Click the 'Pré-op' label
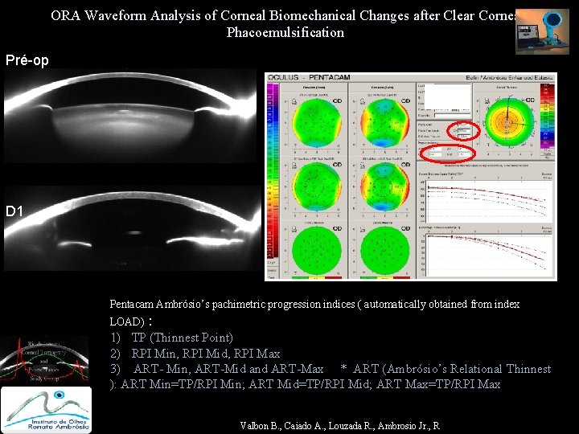27,59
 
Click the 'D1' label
14,211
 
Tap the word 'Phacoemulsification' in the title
285,32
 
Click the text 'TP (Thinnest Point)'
183,338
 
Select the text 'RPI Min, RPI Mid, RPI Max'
206,353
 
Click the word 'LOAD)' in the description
127,321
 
